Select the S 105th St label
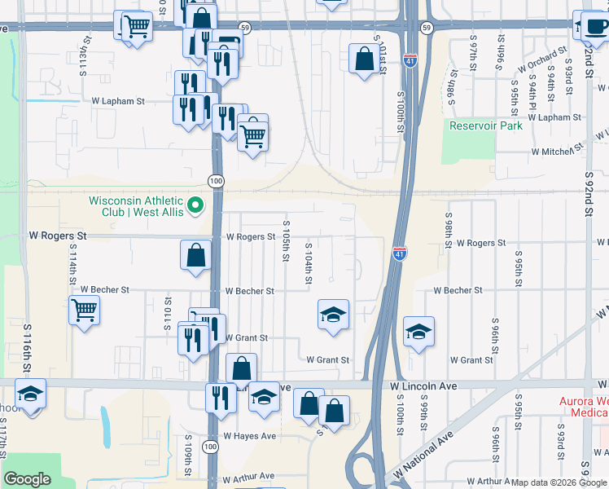(x=287, y=240)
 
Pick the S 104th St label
(x=309, y=264)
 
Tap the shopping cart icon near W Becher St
(x=85, y=311)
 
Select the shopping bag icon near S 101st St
(x=362, y=58)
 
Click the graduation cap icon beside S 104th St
(x=332, y=315)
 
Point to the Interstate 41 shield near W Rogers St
(x=399, y=254)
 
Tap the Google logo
(x=28, y=479)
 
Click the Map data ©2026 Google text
(x=559, y=482)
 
